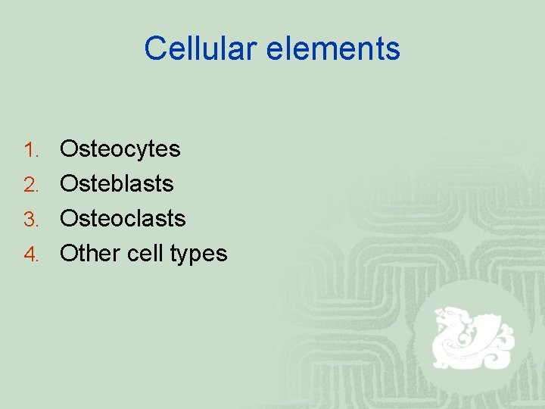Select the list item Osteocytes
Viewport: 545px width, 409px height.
pos(120,149)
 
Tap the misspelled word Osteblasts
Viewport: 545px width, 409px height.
pos(117,184)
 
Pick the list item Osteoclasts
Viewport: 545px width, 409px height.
pos(123,219)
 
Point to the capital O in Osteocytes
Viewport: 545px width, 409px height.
pos(69,149)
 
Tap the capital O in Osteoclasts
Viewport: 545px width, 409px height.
pos(69,219)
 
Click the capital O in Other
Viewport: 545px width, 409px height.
pos(69,254)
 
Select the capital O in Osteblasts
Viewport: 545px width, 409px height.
pos(69,184)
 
